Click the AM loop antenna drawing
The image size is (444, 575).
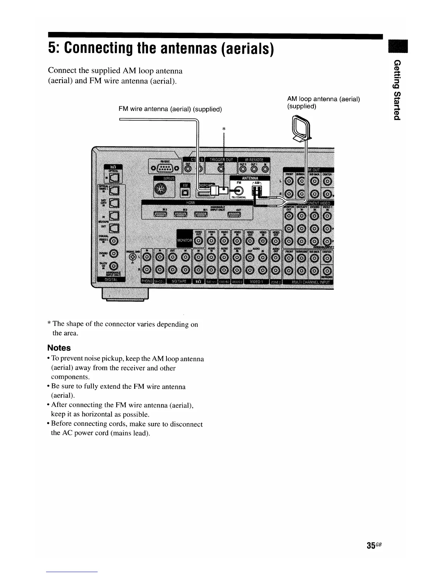click(301, 129)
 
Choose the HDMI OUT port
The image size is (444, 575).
click(234, 215)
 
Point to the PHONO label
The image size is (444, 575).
click(146, 282)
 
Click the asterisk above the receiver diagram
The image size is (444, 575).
click(224, 129)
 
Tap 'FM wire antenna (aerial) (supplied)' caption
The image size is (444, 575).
click(170, 109)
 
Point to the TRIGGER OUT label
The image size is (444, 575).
click(221, 160)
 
